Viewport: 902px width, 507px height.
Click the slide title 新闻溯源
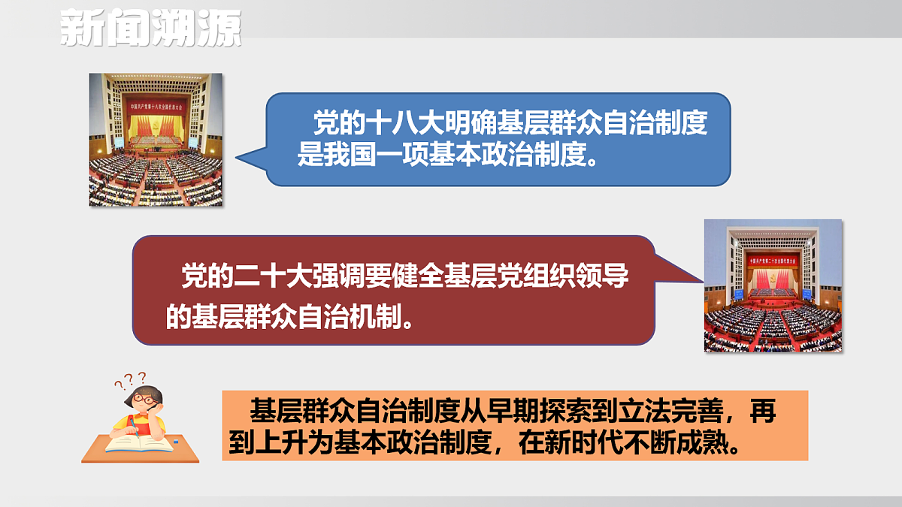[x=150, y=28]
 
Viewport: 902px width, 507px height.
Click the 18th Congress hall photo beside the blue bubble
[x=156, y=140]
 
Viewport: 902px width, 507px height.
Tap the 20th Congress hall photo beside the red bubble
[x=773, y=285]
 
